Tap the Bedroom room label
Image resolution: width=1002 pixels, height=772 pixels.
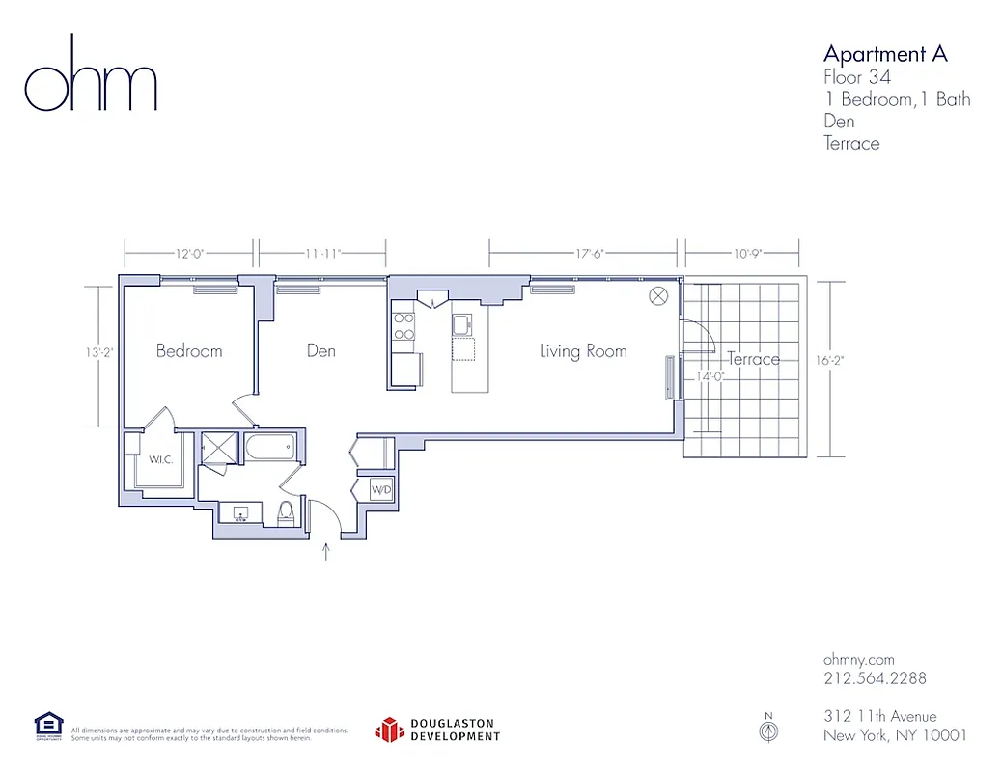tap(189, 351)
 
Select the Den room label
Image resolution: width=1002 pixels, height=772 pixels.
tap(320, 351)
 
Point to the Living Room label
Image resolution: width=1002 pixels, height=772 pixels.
tap(583, 351)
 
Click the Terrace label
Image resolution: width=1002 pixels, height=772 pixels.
tap(753, 359)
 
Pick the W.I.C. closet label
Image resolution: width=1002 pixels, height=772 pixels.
tap(160, 459)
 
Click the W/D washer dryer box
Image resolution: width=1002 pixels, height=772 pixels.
tap(382, 491)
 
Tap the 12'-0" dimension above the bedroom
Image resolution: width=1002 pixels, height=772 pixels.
tap(189, 254)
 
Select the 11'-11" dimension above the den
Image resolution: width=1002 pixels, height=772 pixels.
tap(322, 254)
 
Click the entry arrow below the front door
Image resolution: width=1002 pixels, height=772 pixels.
tap(326, 552)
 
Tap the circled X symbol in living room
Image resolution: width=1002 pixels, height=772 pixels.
tap(659, 296)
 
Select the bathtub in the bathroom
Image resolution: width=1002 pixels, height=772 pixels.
tap(270, 448)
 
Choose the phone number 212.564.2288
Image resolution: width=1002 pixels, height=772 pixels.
tap(875, 678)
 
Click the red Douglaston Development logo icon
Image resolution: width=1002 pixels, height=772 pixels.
tap(388, 730)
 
